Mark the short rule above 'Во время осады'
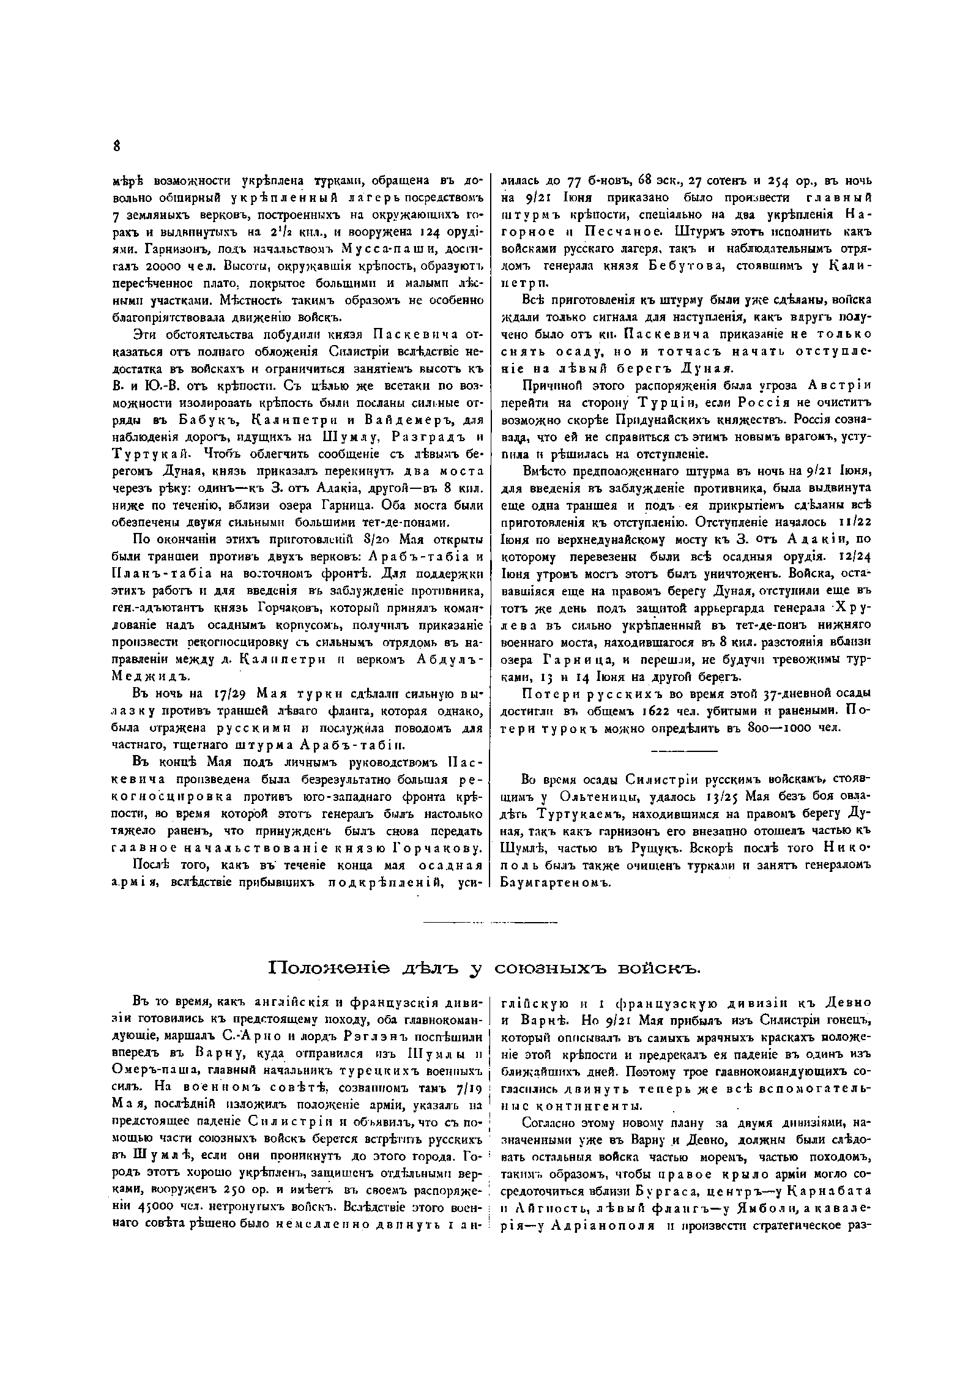click(682, 751)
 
